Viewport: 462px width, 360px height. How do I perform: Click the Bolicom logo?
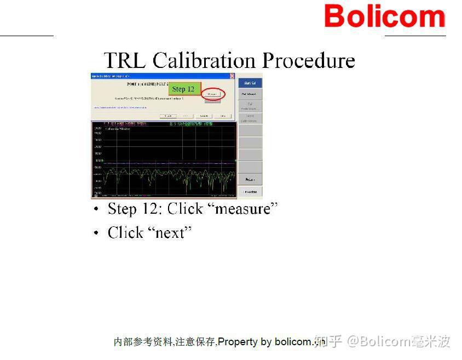coord(384,16)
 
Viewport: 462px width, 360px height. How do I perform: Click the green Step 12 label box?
coord(183,89)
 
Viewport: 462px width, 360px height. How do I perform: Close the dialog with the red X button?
coord(232,76)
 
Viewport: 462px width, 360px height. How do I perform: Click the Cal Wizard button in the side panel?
coord(250,94)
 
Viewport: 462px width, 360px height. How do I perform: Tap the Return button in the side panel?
coord(250,179)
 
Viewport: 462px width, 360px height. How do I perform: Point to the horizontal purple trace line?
coord(164,163)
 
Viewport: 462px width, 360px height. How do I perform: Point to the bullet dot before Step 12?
coord(96,210)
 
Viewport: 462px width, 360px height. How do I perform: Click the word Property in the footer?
coord(238,342)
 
